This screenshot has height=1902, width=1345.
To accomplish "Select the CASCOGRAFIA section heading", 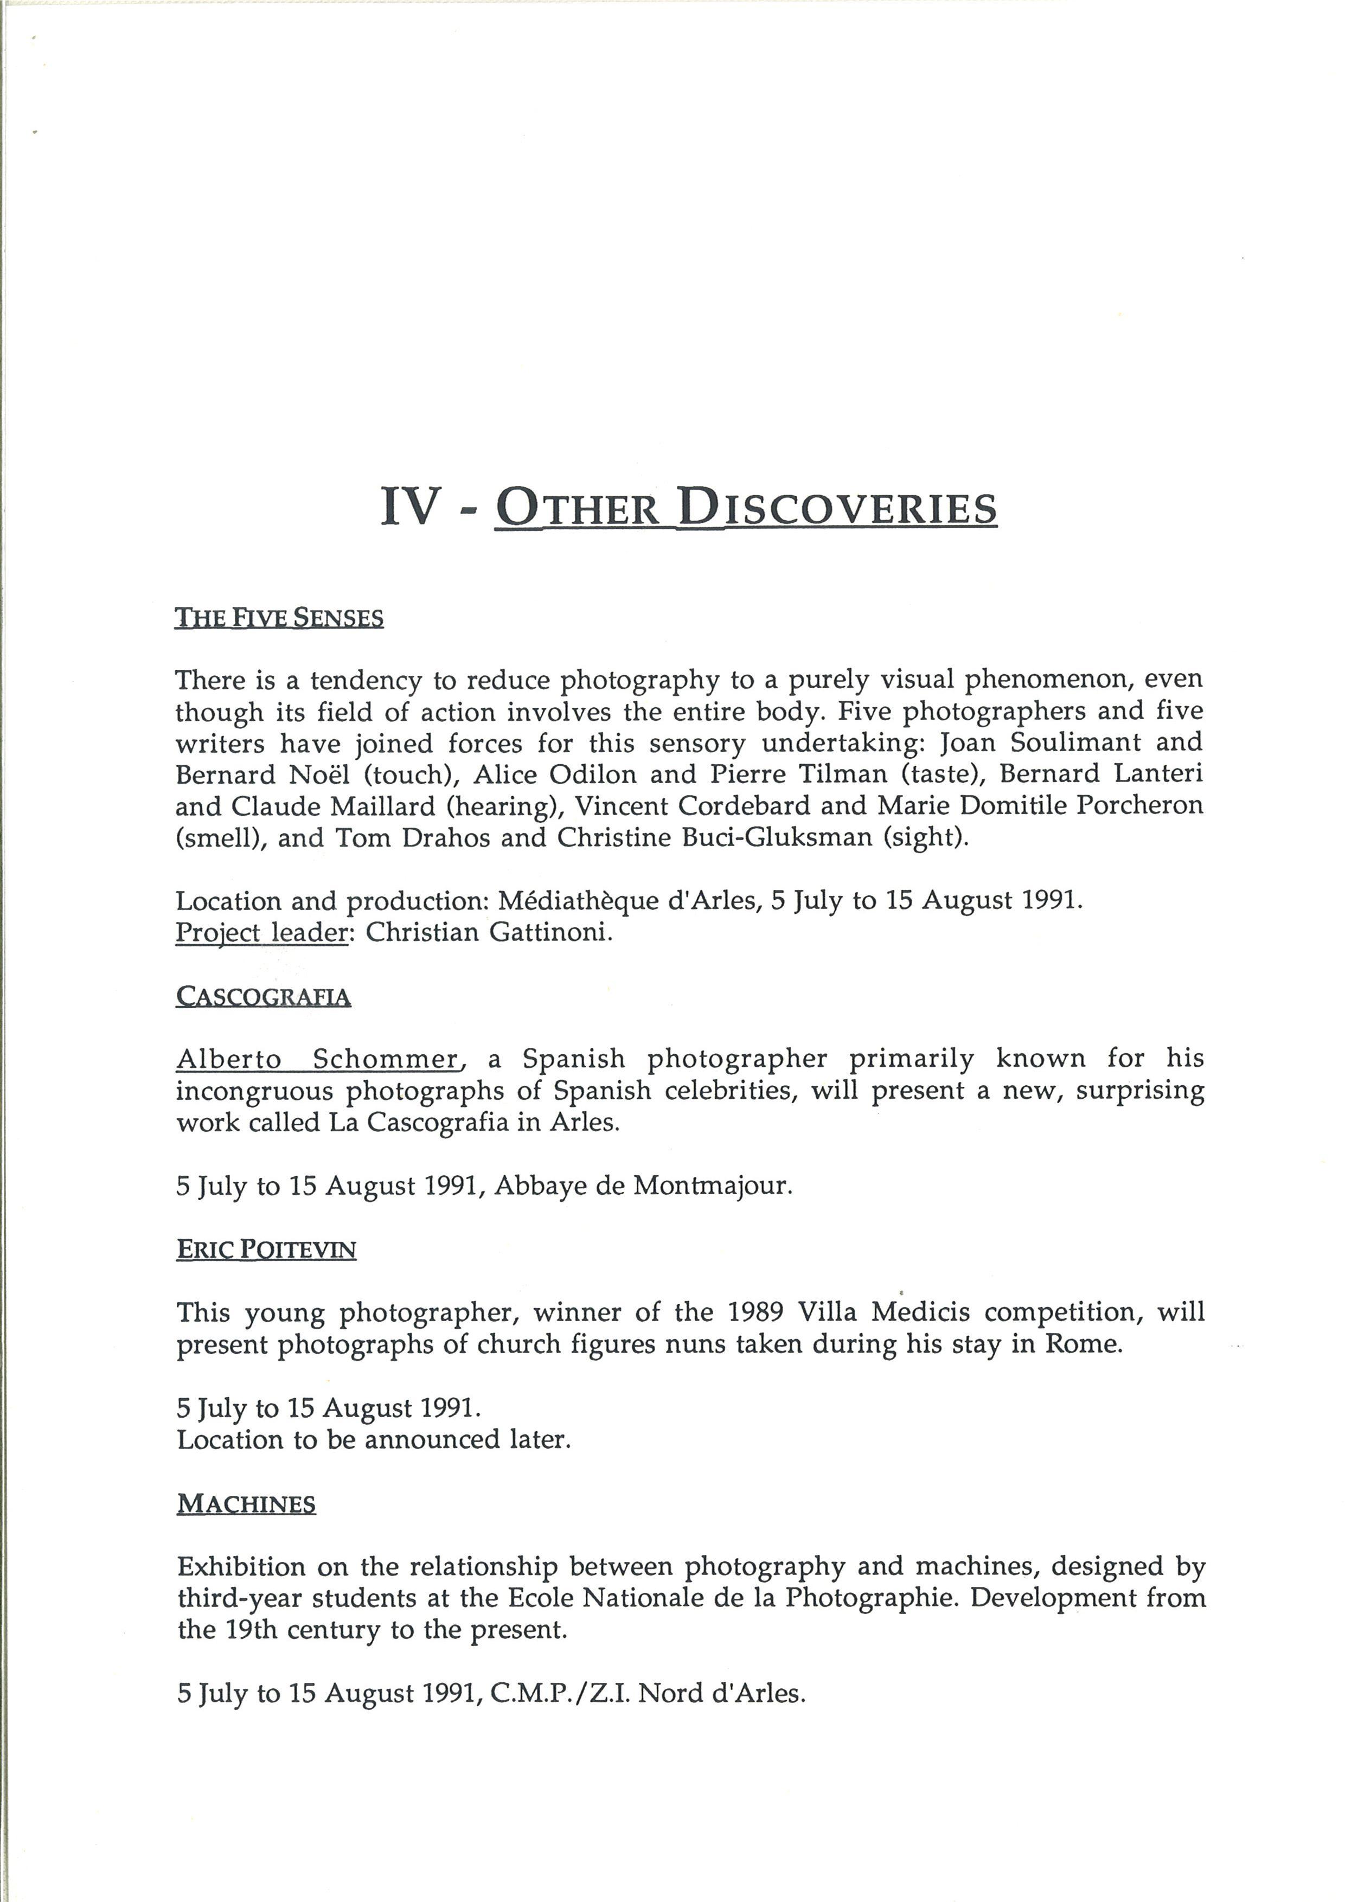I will coord(264,997).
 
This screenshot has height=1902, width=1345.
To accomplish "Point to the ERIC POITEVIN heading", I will coord(267,1249).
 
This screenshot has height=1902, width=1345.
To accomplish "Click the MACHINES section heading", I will coord(247,1503).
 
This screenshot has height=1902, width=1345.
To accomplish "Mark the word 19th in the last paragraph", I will coord(254,1630).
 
